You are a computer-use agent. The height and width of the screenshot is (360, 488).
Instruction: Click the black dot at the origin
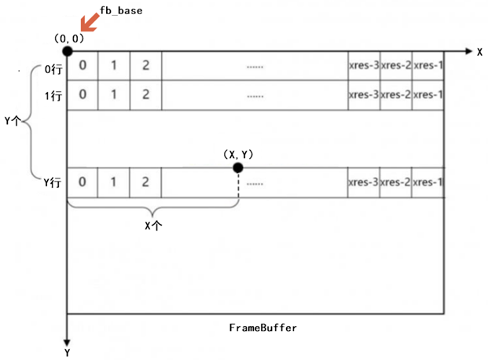tap(68, 51)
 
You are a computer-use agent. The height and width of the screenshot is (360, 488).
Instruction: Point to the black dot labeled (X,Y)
tap(238, 167)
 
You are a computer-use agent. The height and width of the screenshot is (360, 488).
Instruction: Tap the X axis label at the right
tap(479, 51)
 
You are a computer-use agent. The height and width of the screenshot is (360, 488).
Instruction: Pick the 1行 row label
tap(53, 94)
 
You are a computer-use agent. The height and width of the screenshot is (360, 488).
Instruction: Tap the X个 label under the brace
tap(152, 224)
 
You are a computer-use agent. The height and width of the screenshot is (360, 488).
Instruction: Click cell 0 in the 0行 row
tap(83, 66)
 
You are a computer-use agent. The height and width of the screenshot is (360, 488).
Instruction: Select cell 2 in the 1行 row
tap(146, 94)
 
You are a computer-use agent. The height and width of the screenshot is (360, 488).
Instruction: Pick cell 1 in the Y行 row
tap(115, 182)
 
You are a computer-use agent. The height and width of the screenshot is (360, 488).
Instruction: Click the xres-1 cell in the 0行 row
tap(427, 66)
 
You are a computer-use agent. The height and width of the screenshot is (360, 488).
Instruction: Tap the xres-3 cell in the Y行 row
tap(364, 182)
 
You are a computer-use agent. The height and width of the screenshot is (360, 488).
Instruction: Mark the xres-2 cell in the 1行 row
tap(395, 94)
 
